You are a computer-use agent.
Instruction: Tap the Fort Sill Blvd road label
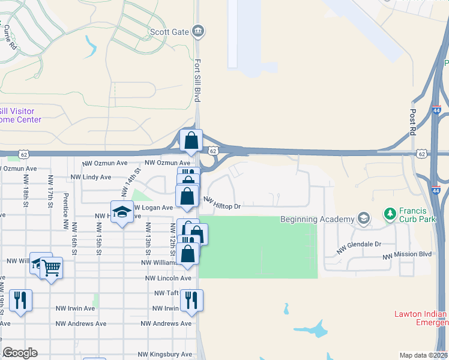click(x=196, y=80)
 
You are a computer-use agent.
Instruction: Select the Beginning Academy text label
click(x=316, y=219)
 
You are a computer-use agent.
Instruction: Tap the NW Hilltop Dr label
click(x=221, y=203)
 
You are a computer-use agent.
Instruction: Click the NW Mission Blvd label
click(x=408, y=254)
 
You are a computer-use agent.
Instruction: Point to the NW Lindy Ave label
click(x=91, y=177)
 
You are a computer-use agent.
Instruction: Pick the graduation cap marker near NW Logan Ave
click(x=122, y=213)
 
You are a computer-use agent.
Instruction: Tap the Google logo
click(x=20, y=353)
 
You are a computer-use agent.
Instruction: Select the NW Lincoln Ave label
click(x=167, y=278)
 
